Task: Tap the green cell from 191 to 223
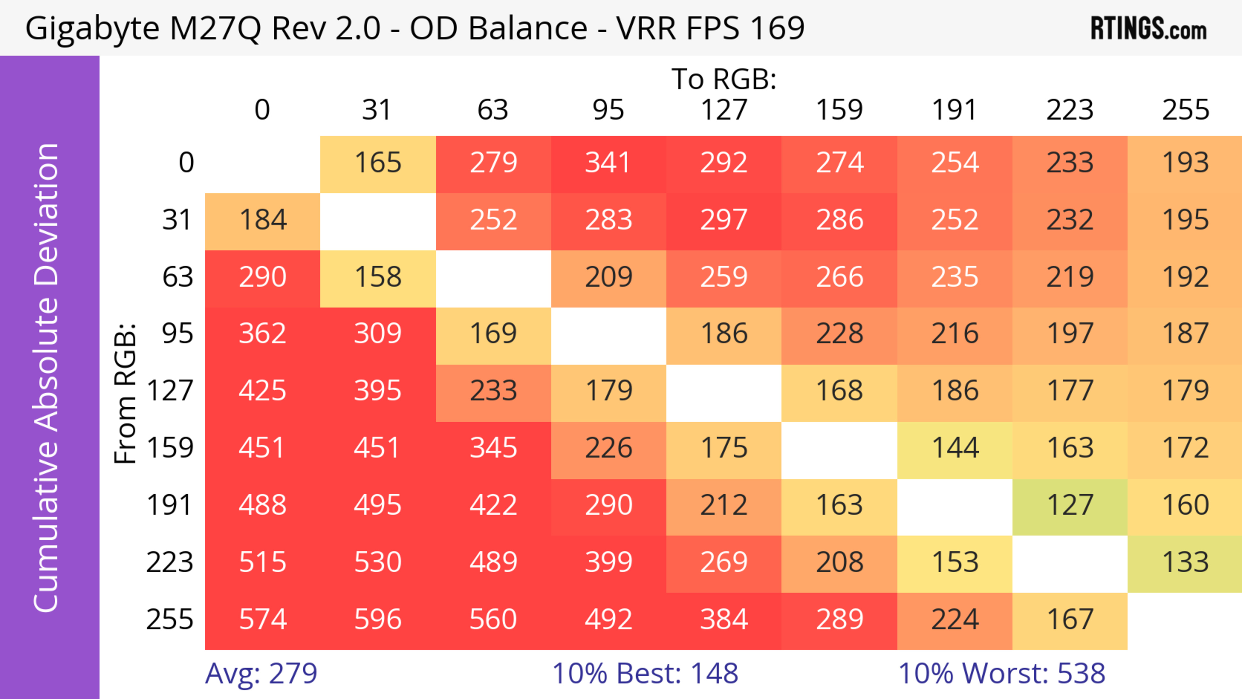point(1070,505)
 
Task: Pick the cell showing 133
point(1185,562)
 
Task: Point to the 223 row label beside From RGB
point(170,562)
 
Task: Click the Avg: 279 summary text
point(261,673)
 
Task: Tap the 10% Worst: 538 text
point(1001,673)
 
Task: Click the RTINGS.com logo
point(1149,29)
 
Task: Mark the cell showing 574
point(262,619)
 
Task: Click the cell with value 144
point(955,448)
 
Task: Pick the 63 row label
point(178,277)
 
